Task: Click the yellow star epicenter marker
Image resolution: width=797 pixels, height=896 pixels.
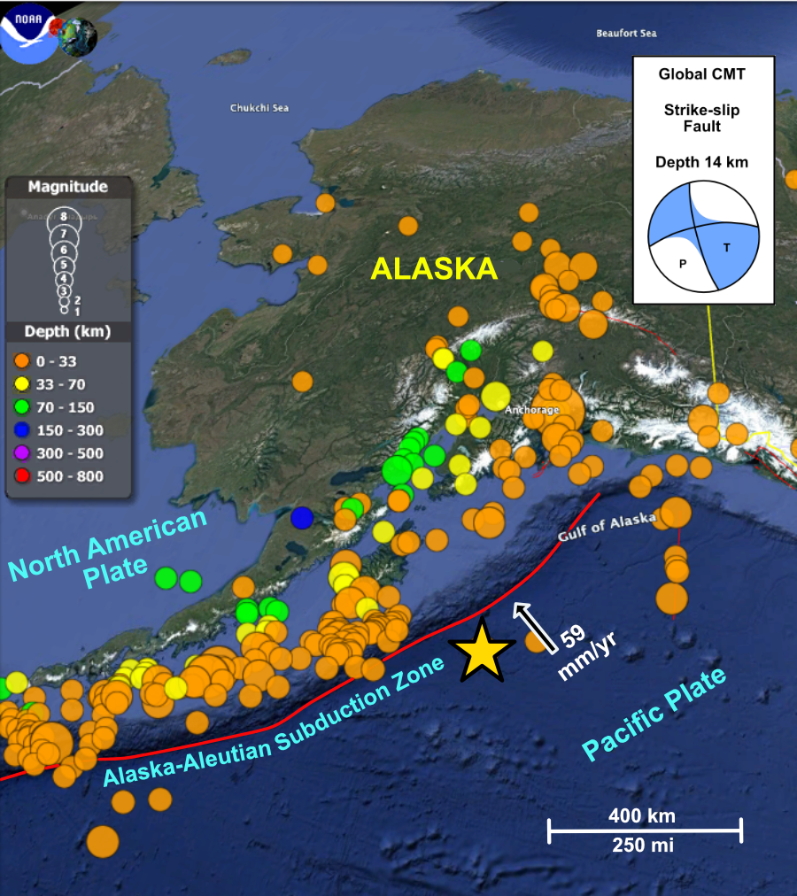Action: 479,651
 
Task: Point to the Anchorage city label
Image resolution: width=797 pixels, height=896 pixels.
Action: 531,410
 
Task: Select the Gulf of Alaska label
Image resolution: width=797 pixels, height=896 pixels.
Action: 607,528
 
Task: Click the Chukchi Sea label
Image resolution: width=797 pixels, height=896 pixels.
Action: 259,108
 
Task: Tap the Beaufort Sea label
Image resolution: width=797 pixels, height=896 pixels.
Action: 626,34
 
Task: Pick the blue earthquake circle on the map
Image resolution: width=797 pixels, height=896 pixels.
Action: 303,516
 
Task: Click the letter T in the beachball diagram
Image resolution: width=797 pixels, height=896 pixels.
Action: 727,248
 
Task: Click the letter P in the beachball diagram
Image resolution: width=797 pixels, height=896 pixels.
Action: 683,263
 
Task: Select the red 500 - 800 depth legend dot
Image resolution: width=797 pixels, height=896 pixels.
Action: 23,476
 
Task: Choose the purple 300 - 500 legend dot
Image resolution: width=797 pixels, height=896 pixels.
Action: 23,453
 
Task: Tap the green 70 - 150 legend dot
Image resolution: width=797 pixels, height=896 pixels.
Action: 23,407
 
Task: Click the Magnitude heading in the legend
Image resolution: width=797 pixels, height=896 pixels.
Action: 68,187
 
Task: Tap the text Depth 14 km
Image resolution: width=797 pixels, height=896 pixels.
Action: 701,162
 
